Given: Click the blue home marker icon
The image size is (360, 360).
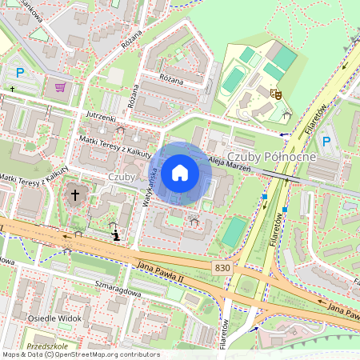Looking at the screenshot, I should point(180,172).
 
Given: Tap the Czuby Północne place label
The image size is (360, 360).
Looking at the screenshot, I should point(272,157).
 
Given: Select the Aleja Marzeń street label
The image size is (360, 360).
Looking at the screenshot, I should point(230,164).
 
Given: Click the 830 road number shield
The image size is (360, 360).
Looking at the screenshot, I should point(223,266).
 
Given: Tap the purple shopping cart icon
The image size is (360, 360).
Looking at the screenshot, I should point(60,86).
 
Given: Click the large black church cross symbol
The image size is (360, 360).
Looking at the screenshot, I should point(76,194).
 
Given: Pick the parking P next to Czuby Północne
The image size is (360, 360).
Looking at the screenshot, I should point(326,142).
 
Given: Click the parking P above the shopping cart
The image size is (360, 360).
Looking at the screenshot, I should point(20,73).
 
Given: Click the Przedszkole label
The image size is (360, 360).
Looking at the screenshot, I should point(45,346).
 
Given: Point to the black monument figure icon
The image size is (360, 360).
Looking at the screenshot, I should point(118,235).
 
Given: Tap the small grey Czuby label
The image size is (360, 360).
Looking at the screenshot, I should point(121,177).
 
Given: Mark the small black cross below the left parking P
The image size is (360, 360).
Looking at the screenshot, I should point(13,90).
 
